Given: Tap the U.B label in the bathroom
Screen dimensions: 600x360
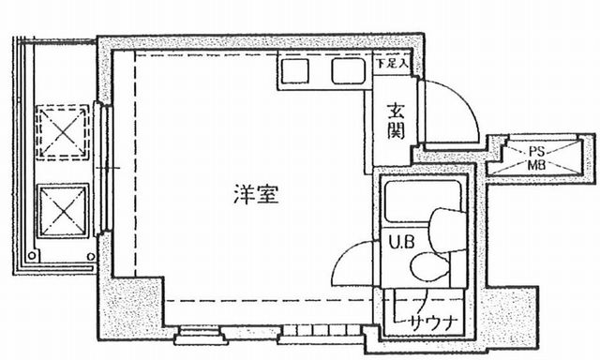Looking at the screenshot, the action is pyautogui.click(x=401, y=241).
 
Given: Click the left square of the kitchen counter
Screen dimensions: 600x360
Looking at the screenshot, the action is pyautogui.click(x=295, y=72).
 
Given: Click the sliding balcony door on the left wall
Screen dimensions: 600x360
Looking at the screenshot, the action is pyautogui.click(x=105, y=169).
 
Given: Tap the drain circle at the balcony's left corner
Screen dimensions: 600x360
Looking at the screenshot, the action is pyautogui.click(x=35, y=252).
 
